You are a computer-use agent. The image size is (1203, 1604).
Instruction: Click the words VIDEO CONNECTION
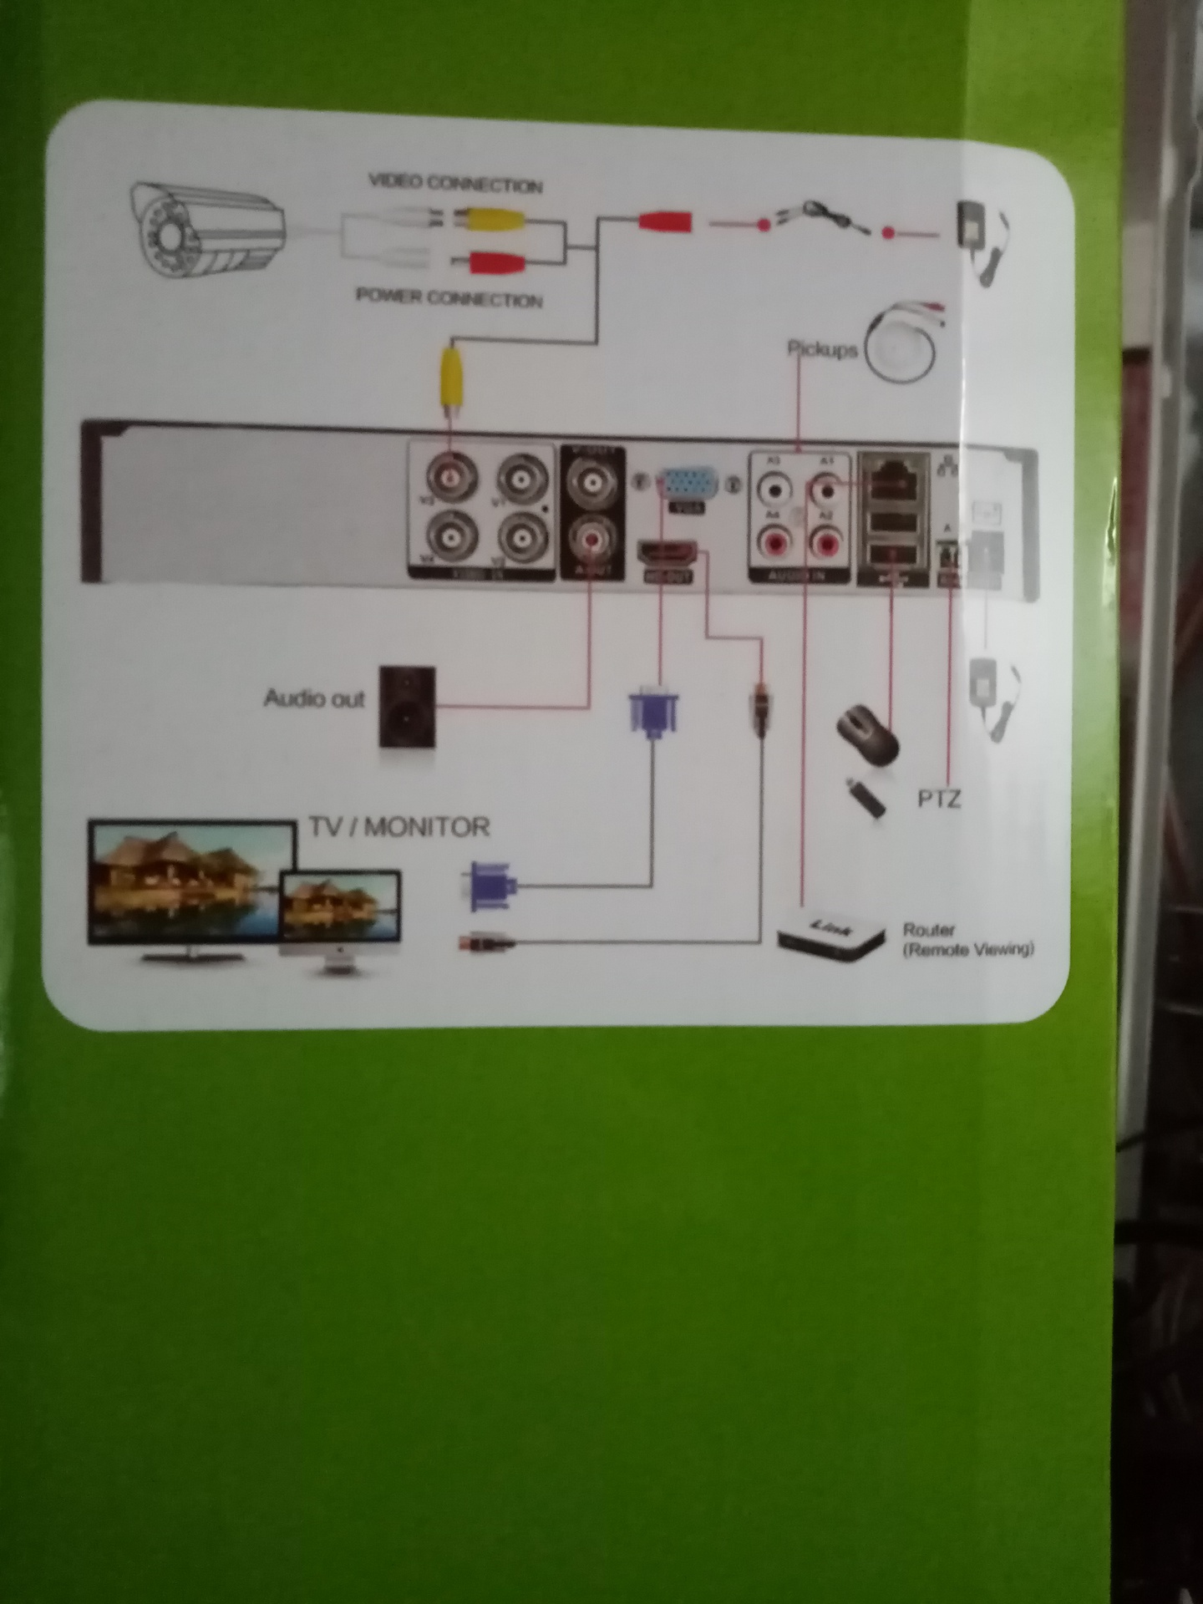[x=455, y=183]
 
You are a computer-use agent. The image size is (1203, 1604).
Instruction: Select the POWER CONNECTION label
[x=449, y=297]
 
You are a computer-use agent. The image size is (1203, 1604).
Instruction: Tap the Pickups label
[x=823, y=350]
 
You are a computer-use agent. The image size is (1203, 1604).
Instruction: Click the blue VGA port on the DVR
[x=683, y=485]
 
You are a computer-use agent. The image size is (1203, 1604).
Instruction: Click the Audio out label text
[x=314, y=698]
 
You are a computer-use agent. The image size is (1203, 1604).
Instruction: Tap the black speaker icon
[x=407, y=706]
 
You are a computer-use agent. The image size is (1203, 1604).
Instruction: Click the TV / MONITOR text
[x=399, y=827]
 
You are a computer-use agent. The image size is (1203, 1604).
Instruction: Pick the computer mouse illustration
[x=869, y=733]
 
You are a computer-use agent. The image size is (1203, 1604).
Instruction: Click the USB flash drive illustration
[x=867, y=799]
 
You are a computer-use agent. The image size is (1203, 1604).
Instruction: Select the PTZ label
[x=939, y=799]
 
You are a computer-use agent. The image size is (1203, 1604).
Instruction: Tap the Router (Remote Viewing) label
[x=968, y=940]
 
